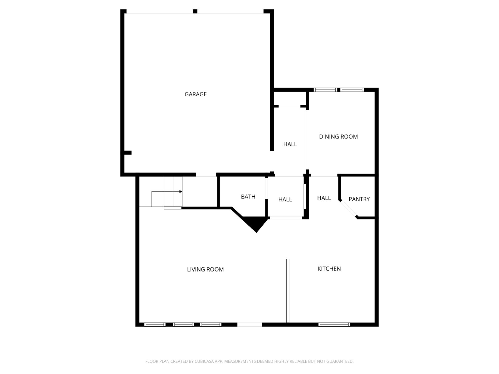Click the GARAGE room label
pos(196,94)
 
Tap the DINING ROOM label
pos(338,137)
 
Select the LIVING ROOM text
pos(205,270)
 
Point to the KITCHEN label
pos(329,269)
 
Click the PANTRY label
pos(359,199)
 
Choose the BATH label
pos(248,197)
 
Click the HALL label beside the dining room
pos(290,144)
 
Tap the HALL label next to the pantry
pos(324,198)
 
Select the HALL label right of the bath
pos(285,199)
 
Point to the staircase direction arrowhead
pos(181,192)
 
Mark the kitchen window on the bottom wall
pos(334,324)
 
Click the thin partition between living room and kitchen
pos(288,291)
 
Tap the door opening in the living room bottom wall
pos(249,324)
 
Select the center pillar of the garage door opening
pos(195,11)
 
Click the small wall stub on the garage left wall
pos(128,153)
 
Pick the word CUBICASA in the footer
pos(205,361)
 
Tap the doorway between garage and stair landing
pos(206,175)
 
